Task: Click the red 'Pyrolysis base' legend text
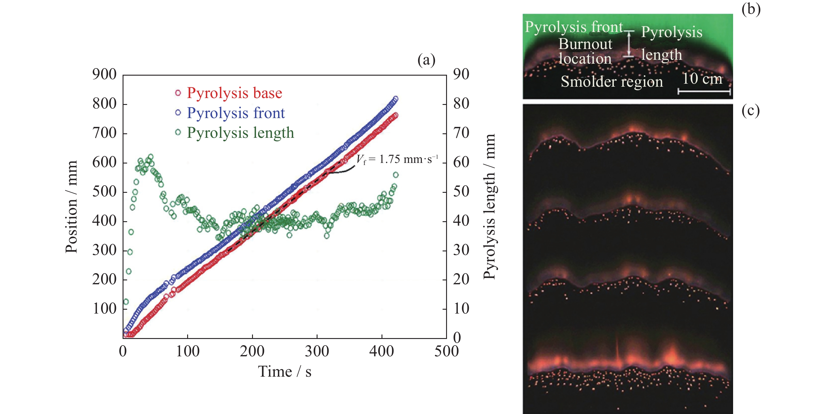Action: (234, 93)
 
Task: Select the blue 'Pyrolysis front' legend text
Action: (235, 113)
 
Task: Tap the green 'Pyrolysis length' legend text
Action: (240, 133)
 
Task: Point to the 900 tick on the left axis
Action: (104, 74)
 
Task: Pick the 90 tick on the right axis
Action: (461, 74)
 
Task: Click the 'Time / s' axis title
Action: (284, 372)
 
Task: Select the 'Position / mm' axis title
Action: (71, 207)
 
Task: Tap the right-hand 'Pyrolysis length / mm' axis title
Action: (489, 207)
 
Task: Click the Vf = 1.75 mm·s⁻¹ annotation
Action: (397, 159)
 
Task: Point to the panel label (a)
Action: (426, 60)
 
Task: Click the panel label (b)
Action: (751, 9)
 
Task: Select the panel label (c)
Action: (750, 111)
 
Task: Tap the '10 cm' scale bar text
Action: (702, 79)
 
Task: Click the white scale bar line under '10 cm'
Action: (704, 92)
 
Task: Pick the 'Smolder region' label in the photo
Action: (612, 82)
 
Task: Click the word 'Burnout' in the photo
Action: (585, 44)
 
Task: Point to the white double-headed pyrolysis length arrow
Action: (629, 44)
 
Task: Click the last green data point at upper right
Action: (396, 175)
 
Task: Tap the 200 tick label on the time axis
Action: (252, 351)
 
